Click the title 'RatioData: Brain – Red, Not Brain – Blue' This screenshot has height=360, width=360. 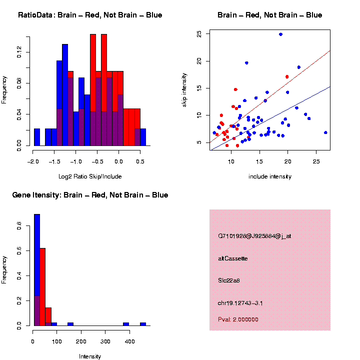tap(90, 15)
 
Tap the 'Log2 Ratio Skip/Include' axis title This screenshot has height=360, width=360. tap(90, 176)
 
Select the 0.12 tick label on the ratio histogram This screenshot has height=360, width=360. tap(19, 52)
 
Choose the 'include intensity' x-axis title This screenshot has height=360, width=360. tap(270, 176)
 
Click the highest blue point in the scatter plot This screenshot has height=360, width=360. tap(280, 34)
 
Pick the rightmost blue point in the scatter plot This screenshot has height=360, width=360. tap(325, 132)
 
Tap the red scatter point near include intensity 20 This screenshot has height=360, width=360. tap(287, 76)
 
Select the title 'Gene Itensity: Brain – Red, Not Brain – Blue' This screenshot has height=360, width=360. tap(90, 195)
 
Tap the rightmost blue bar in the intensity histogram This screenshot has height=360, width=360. tap(142, 324)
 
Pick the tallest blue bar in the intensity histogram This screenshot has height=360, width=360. tap(36, 270)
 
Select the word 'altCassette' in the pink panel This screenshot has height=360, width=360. tap(233, 258)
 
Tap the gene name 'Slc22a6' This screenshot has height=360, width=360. tap(229, 280)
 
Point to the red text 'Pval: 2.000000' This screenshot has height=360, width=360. tap(238, 319)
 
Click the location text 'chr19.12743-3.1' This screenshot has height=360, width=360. tap(240, 303)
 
